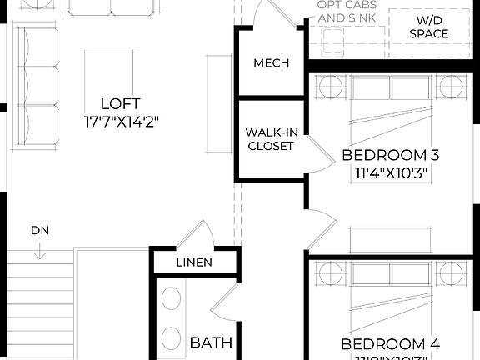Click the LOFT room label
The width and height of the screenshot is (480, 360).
116,104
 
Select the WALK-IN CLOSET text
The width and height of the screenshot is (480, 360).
269,139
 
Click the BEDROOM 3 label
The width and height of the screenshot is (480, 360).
391,155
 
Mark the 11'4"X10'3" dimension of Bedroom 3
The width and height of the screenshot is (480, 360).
391,173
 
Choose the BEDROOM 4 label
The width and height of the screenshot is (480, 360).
391,343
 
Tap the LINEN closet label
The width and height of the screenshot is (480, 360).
193,262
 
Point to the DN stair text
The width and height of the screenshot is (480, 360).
39,229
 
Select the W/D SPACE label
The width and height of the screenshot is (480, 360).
429,27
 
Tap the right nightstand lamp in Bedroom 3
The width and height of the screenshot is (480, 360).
451,86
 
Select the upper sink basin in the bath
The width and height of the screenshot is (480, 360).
172,301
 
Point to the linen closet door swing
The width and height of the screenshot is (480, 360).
198,234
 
